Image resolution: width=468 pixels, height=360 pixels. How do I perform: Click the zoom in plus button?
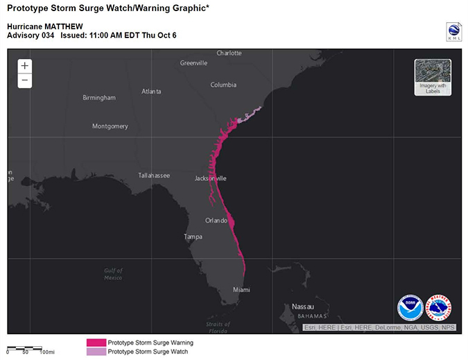25,66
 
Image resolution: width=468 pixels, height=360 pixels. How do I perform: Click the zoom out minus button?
25,80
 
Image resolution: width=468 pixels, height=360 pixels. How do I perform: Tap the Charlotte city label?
229,53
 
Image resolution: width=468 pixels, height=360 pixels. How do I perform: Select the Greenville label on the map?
193,63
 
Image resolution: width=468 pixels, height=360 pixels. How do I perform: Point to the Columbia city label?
223,85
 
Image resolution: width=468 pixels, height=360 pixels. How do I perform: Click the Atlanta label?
151,92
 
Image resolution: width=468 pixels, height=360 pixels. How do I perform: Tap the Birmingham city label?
99,98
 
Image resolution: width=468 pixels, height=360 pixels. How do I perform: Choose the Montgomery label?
110,126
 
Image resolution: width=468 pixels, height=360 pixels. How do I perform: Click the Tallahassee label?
154,175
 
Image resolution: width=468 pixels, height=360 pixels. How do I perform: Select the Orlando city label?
216,221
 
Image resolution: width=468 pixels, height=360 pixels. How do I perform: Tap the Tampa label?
193,237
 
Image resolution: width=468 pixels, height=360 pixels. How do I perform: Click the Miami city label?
241,289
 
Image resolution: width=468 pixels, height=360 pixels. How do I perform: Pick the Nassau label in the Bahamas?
303,306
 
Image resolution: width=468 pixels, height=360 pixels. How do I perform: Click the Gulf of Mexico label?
113,274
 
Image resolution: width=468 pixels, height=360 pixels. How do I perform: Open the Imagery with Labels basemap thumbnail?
433,76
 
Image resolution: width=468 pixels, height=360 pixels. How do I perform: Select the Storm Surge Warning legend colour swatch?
96,343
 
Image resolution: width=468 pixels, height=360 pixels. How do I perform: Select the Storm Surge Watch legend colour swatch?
96,352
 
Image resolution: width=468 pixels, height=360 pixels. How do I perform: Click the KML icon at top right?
453,31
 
